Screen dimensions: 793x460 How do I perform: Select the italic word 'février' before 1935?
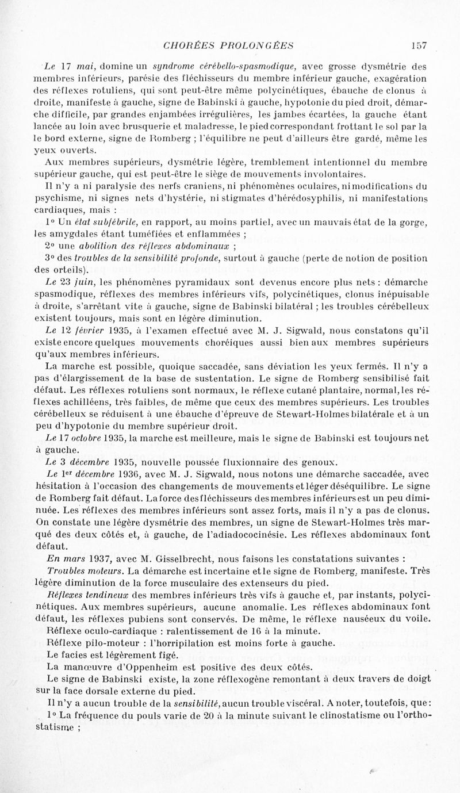95,330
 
